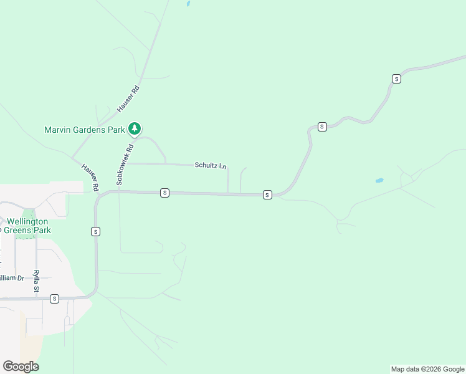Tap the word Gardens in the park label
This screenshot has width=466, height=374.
tap(90, 130)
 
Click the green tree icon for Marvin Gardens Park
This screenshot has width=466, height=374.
tap(135, 129)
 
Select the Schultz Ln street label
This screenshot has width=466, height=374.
tap(211, 166)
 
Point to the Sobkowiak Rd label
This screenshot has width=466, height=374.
tap(125, 165)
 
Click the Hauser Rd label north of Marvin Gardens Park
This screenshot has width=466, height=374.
tap(127, 98)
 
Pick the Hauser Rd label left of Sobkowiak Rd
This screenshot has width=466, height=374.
tap(90, 177)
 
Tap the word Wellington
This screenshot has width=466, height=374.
tap(27, 221)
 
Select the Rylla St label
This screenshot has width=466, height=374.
tap(37, 281)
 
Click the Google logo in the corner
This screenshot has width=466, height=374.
tap(21, 367)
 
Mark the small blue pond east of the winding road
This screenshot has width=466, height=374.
tap(379, 181)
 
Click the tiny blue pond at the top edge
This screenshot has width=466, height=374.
tap(188, 4)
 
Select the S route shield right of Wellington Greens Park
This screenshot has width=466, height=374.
tap(95, 231)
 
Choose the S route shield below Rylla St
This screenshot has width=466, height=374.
tap(55, 299)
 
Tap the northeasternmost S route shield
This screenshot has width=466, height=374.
tap(396, 79)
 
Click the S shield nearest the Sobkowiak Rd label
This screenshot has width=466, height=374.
tap(164, 193)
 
